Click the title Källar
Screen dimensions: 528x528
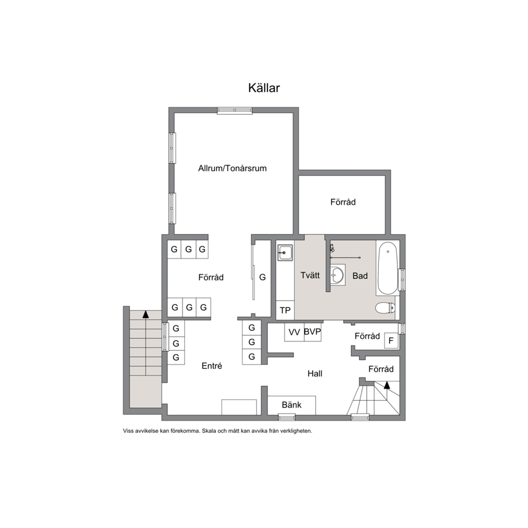[264, 88]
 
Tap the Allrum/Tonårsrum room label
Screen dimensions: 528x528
[233, 168]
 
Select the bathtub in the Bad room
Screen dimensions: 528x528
[387, 268]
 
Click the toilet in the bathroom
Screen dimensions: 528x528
[385, 308]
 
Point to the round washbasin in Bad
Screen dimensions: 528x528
[337, 275]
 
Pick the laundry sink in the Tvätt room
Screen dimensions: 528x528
[285, 252]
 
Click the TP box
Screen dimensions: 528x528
[285, 310]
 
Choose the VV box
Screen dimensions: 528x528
[294, 332]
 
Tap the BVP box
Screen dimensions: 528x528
[312, 332]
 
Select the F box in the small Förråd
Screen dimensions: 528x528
[391, 341]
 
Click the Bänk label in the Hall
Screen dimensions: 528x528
[292, 405]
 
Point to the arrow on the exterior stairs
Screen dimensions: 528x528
[145, 314]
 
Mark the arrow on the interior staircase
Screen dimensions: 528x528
[387, 385]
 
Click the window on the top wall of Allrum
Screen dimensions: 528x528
[235, 111]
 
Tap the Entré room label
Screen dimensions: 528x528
[212, 366]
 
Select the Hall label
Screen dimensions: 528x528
[315, 374]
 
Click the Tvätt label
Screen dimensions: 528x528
[310, 275]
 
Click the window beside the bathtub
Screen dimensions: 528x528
[402, 280]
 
